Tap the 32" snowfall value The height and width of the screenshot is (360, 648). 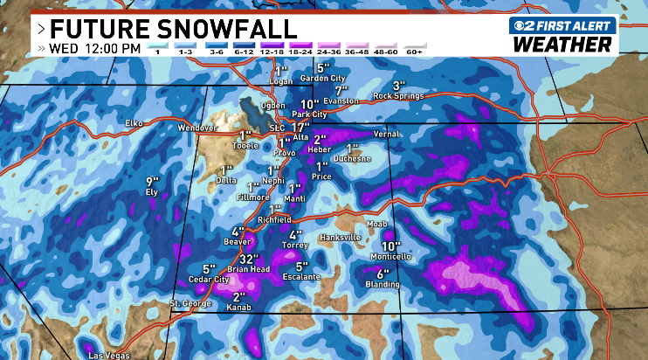[250, 260]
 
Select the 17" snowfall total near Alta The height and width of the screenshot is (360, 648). [302, 128]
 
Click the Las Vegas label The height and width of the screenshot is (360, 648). [108, 355]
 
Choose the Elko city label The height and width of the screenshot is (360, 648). [134, 123]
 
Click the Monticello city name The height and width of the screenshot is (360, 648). [391, 257]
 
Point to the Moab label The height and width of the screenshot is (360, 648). [377, 225]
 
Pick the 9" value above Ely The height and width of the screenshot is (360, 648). [152, 181]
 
